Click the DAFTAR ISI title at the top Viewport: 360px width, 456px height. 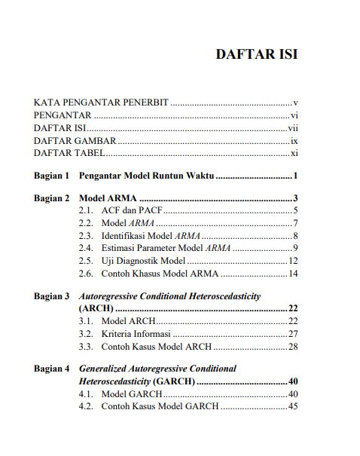tap(256, 55)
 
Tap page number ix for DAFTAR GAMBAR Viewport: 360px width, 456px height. tap(294, 140)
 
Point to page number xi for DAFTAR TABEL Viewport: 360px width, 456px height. tap(294, 153)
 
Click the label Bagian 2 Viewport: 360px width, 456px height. tap(51, 198)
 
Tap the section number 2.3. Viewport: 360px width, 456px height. tap(86, 236)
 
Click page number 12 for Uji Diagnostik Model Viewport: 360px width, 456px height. tap(294, 261)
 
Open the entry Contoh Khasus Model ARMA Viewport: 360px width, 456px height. tap(156, 273)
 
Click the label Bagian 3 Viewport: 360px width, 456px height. tap(51, 296)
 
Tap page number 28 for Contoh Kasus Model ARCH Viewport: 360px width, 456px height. tap(294, 347)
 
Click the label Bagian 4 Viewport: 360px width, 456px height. tap(51, 369)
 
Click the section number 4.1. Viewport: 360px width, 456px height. tap(86, 394)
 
